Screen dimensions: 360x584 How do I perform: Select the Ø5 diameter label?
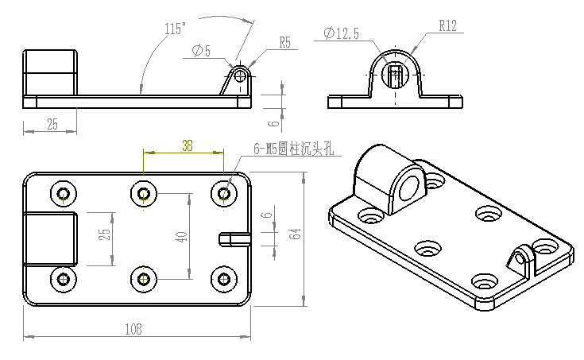point(201,52)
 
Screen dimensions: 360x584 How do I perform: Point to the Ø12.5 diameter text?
point(342,33)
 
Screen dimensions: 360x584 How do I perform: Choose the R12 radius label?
point(447,26)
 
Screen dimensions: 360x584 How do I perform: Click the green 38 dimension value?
point(187,145)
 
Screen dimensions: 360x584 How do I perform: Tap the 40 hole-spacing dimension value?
point(183,236)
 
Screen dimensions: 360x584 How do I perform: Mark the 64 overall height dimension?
point(296,234)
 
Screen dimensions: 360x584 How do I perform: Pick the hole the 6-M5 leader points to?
point(224,193)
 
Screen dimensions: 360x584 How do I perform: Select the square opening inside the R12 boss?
point(395,75)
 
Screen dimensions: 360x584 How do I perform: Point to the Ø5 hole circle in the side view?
point(239,75)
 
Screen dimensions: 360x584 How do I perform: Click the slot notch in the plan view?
point(231,238)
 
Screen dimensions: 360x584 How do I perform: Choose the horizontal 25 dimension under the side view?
point(52,124)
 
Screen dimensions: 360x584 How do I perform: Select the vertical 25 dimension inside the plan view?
point(103,236)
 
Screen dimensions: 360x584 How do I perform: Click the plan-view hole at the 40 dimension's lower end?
point(143,278)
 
